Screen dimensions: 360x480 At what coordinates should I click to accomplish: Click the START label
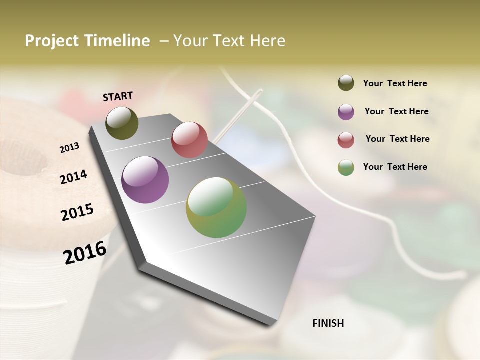(118, 96)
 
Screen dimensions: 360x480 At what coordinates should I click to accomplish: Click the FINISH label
(328, 323)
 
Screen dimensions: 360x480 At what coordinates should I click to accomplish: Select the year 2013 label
(70, 147)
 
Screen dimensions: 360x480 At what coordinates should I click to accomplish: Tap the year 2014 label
(73, 177)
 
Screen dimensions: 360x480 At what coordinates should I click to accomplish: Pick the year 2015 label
(77, 212)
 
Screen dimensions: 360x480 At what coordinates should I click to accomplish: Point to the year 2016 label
(85, 253)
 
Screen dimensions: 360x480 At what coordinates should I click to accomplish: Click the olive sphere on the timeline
(122, 123)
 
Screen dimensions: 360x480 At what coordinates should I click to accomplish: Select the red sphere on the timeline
(189, 140)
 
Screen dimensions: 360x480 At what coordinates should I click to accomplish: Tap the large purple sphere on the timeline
(145, 180)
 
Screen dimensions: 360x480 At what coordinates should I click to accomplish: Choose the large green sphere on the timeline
(216, 207)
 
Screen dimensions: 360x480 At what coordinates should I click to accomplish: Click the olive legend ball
(346, 83)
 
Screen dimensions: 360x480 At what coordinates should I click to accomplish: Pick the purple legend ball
(346, 112)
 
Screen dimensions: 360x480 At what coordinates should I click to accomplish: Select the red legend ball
(346, 140)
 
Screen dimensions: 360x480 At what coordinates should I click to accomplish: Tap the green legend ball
(346, 167)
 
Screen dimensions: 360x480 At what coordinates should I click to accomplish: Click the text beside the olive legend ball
(395, 83)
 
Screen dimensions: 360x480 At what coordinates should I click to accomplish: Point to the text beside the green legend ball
(395, 167)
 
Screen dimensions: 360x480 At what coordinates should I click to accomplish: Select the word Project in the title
(52, 41)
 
